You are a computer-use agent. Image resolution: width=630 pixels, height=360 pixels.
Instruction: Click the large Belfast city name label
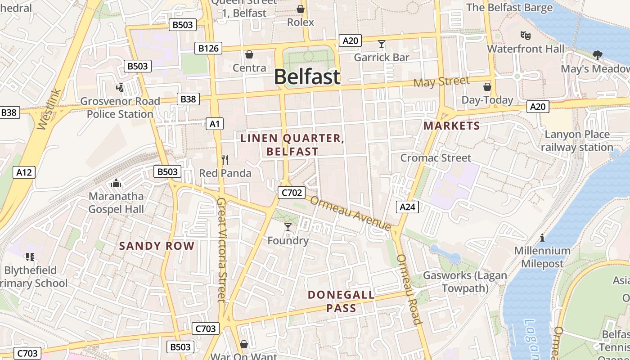[307, 77]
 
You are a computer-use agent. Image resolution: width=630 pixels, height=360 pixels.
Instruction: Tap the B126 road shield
[208, 48]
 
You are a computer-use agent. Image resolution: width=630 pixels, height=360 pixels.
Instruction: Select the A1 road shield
[215, 123]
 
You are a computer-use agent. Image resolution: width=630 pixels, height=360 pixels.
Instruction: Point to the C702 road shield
[292, 193]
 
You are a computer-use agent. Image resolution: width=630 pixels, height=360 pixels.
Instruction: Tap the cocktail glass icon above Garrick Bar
[382, 44]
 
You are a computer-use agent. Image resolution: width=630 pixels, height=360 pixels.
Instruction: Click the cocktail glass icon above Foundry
[288, 227]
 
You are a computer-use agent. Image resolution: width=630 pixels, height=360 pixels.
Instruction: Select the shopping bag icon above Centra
[249, 54]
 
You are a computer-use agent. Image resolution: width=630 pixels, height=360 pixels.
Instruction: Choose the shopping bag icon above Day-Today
[487, 86]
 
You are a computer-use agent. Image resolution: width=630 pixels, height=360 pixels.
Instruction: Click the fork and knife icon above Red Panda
[225, 159]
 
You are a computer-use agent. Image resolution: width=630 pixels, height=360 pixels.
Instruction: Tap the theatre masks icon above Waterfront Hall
[525, 35]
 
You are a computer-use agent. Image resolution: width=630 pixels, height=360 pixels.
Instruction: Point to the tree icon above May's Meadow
[598, 55]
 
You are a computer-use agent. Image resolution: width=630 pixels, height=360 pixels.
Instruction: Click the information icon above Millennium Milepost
[542, 237]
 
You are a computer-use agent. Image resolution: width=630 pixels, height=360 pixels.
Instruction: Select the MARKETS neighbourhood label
[452, 126]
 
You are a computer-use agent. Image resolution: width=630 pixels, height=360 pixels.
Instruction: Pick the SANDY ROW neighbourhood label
[157, 246]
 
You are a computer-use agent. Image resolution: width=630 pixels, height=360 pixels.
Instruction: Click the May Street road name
[441, 82]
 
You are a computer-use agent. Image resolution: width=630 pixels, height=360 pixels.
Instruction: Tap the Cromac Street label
[436, 158]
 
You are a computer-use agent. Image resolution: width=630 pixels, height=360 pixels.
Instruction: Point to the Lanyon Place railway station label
[577, 141]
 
